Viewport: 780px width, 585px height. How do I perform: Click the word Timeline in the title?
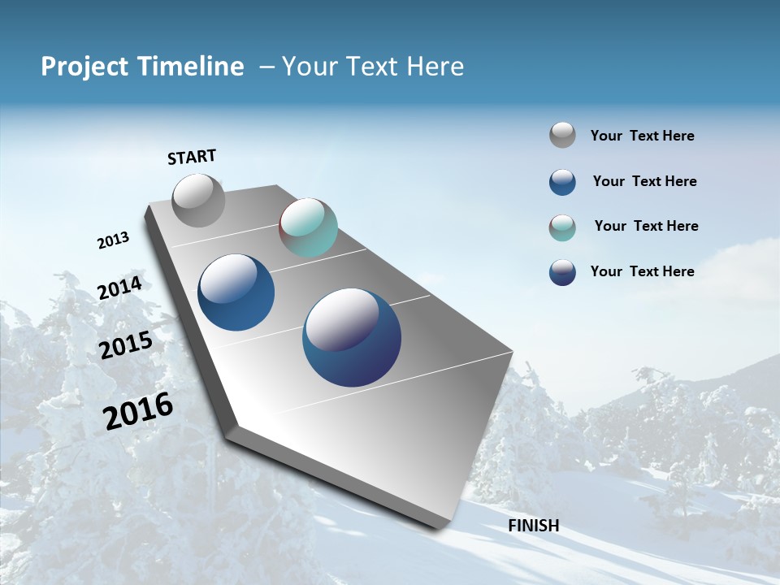pos(193,67)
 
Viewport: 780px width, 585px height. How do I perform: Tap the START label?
pos(192,157)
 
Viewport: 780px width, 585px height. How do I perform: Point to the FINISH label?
pos(534,526)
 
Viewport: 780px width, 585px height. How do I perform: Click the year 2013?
pos(113,240)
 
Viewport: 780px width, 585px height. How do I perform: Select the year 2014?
pos(119,288)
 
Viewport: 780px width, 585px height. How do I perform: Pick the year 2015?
pos(126,345)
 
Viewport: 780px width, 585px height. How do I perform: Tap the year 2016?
pos(138,411)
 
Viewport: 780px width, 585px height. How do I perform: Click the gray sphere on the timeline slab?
pos(199,200)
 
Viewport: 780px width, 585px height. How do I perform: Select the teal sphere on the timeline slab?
pos(308,227)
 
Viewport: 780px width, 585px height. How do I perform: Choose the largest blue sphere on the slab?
pos(352,336)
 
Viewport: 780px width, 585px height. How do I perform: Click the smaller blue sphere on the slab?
pos(236,292)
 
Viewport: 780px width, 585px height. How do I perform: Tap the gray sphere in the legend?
pos(562,136)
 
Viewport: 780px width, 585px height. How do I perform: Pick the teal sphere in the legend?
pos(562,227)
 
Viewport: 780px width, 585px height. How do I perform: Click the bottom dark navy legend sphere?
pos(562,272)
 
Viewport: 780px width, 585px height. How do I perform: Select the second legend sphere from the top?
pos(562,182)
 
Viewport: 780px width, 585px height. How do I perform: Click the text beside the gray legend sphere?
pos(642,136)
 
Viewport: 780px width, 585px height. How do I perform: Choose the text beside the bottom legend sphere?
pos(642,271)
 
